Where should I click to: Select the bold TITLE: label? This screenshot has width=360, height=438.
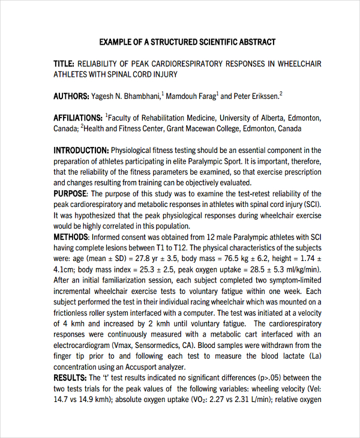64,63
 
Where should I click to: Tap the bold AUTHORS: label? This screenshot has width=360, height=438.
71,96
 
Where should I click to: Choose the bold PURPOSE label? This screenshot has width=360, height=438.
70,194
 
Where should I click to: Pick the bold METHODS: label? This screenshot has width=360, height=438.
71,237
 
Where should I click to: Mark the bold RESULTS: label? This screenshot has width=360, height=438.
70,377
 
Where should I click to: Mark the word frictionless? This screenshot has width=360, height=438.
74,313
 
